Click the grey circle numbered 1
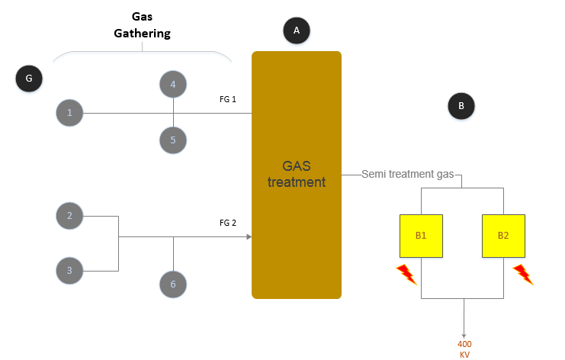point(69,113)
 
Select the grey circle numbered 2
point(69,216)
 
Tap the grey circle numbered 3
point(69,270)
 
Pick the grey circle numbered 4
point(173,85)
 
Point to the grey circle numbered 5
point(173,140)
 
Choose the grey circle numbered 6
point(173,284)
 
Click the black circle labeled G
point(29,78)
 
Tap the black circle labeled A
point(297,31)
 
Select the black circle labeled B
point(461,106)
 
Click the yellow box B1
point(421,236)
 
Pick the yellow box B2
point(503,236)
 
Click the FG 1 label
point(229,100)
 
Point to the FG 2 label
point(228,223)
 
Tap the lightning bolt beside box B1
point(406,274)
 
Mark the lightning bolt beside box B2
point(523,274)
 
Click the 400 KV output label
point(464,349)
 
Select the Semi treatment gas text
point(408,175)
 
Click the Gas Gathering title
point(142,24)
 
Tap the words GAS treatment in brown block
point(297,174)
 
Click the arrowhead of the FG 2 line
point(249,237)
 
